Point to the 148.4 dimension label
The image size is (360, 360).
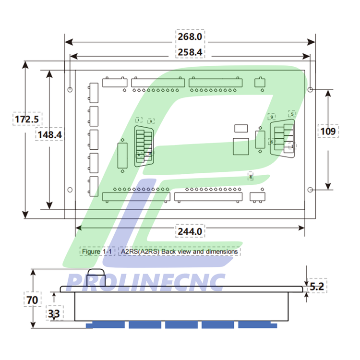click(x=49, y=135)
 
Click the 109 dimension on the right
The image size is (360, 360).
click(x=328, y=130)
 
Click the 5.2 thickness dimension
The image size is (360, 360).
click(x=317, y=287)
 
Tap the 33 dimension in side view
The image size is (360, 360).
click(x=54, y=314)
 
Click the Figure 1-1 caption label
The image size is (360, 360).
click(x=97, y=252)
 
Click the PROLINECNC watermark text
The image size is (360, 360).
click(x=146, y=282)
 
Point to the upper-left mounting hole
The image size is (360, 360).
click(x=70, y=90)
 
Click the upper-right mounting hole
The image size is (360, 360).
click(x=311, y=90)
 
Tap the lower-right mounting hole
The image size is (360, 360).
click(x=311, y=190)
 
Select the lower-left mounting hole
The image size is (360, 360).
click(x=70, y=190)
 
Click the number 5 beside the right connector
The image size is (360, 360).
click(x=292, y=114)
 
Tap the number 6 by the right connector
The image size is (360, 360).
click(x=272, y=142)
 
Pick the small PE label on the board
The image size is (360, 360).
click(x=251, y=177)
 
